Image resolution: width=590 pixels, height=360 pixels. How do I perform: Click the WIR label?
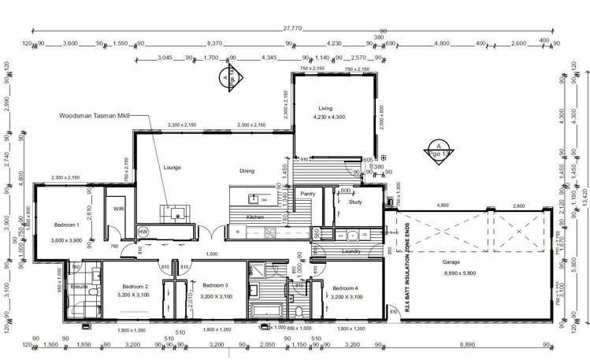coord(119,210)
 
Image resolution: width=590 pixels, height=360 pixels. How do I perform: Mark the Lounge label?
coord(172,168)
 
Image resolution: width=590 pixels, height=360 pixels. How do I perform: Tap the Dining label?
coord(247,170)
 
